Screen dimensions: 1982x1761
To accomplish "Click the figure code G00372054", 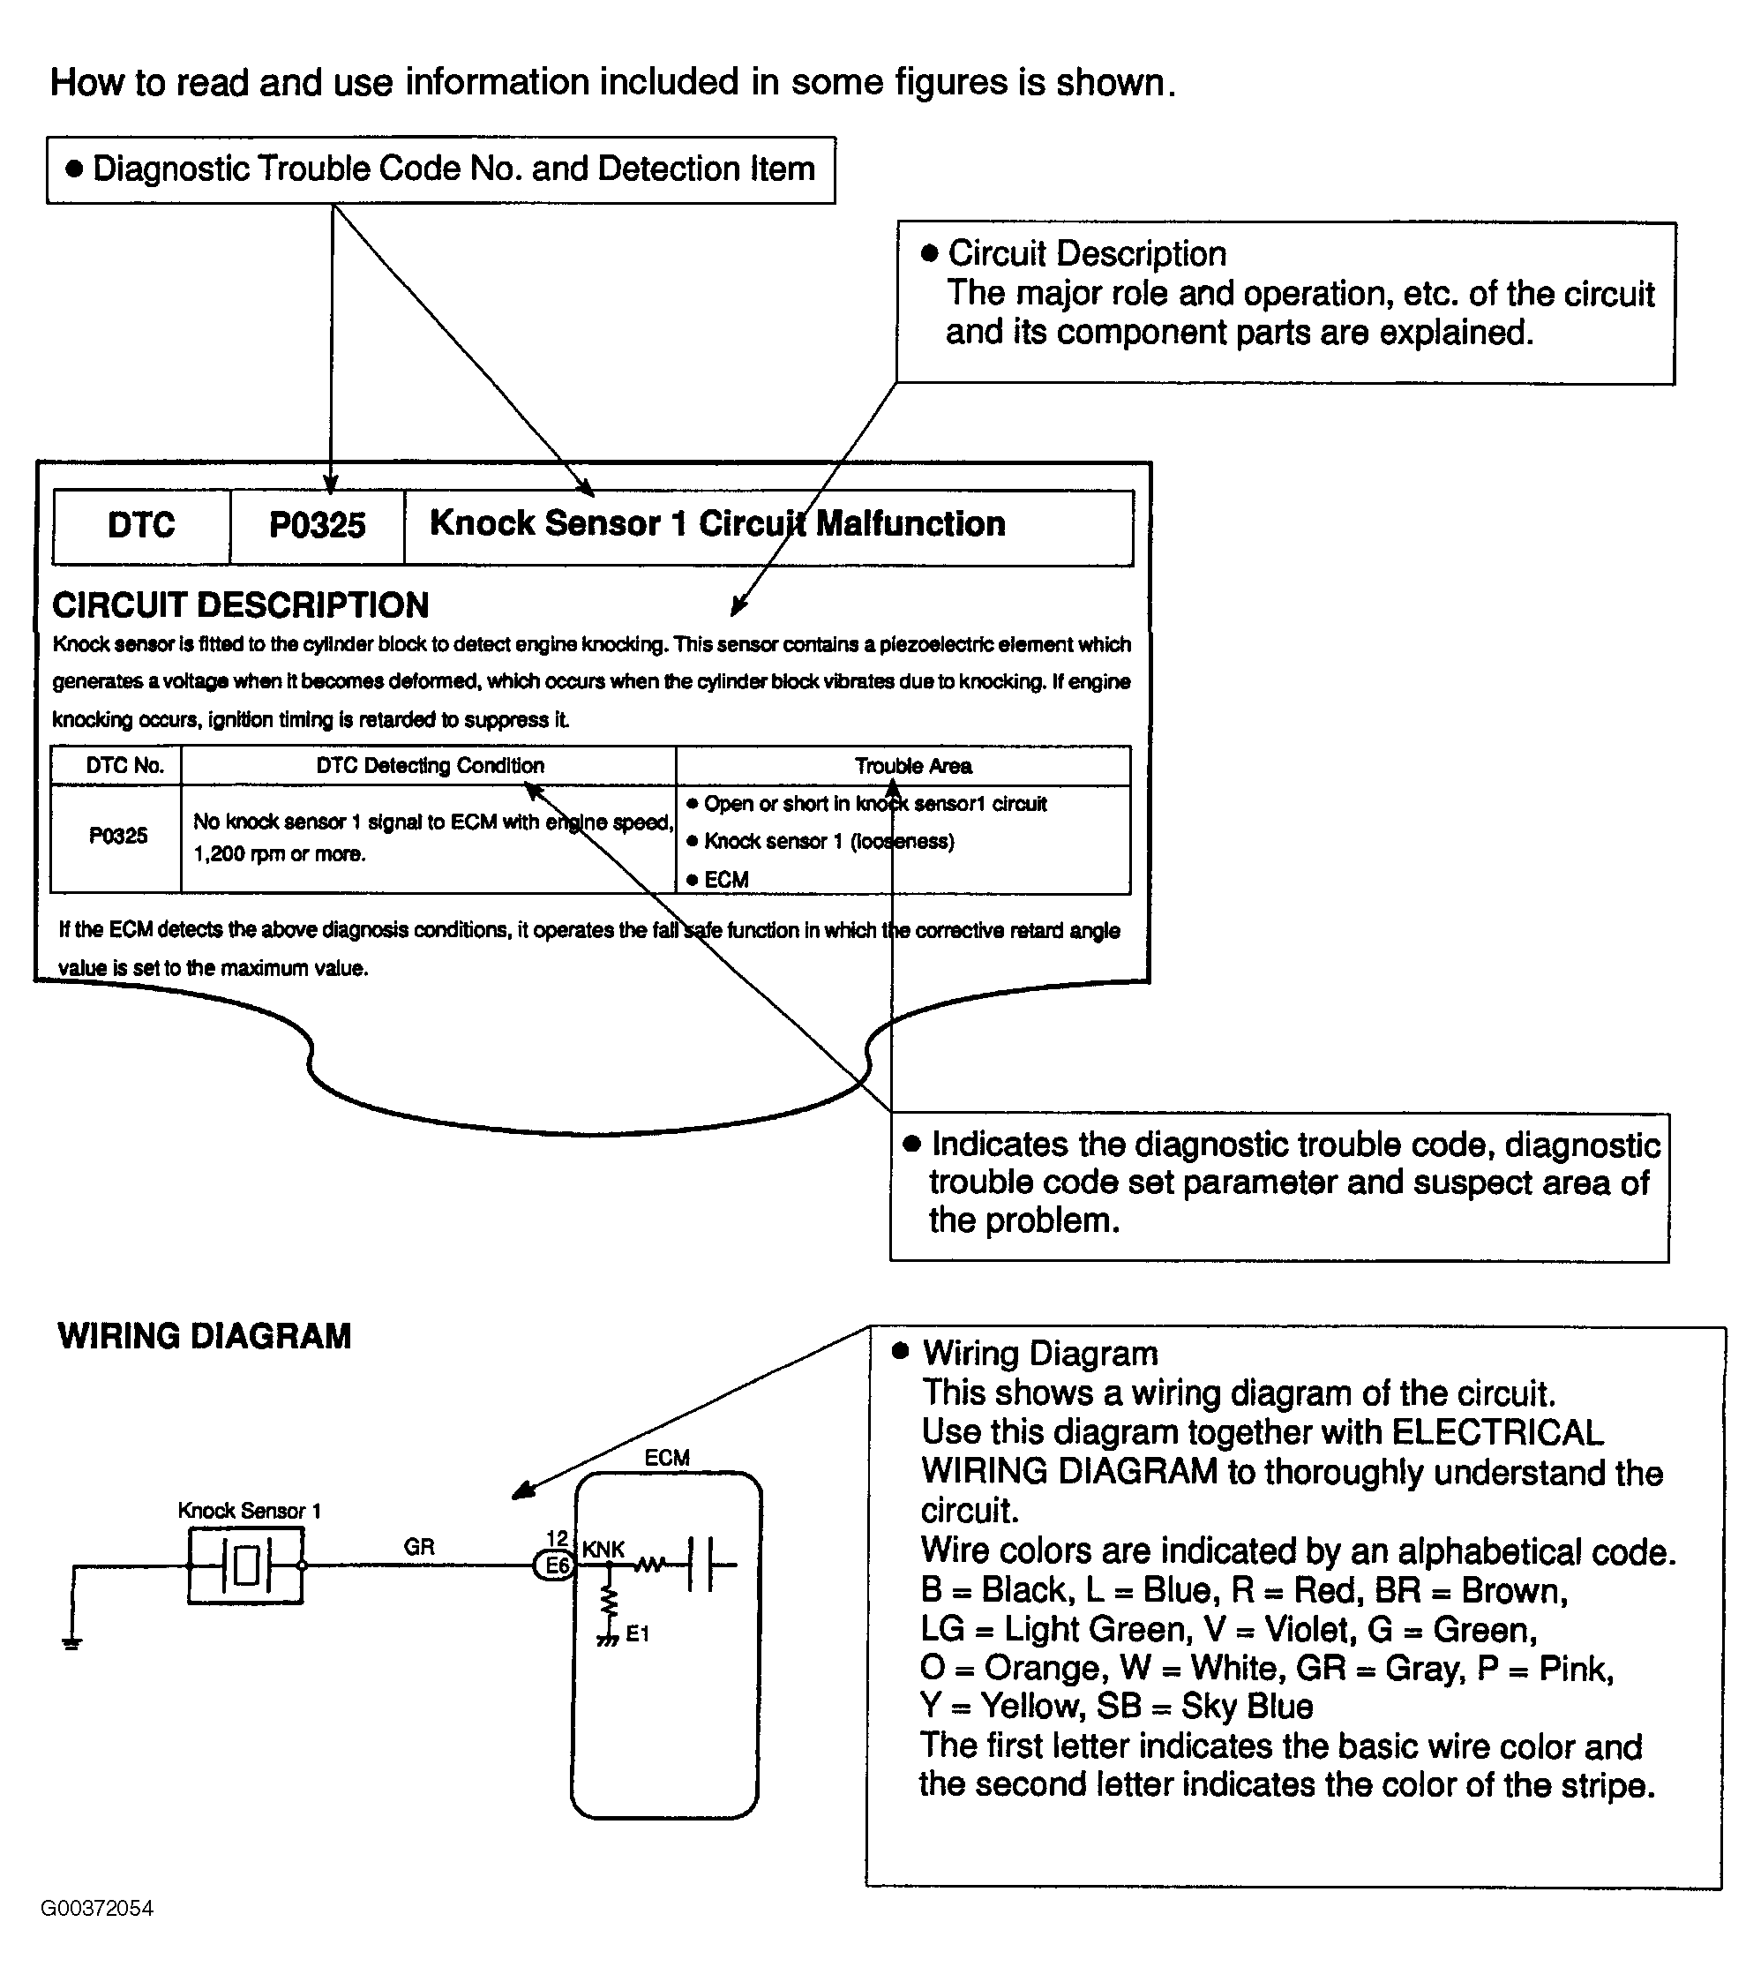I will click(97, 1908).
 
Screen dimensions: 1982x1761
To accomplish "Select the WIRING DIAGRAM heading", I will click(204, 1336).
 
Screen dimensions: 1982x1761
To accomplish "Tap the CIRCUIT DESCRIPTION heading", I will click(241, 605).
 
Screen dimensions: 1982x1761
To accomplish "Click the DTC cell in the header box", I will click(141, 526).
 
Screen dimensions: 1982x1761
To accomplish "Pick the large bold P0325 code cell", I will click(317, 526).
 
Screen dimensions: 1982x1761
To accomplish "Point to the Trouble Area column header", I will click(912, 766).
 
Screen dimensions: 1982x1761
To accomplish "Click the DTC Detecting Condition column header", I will click(430, 766).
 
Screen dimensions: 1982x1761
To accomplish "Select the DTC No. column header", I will click(125, 766).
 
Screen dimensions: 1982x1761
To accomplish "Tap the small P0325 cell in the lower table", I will click(118, 836).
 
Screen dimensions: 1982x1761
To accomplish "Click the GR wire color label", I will click(419, 1547).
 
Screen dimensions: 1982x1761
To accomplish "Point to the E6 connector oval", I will click(557, 1565).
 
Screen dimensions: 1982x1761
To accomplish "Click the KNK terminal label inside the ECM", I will click(603, 1550).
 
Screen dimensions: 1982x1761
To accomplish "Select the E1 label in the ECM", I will click(637, 1634).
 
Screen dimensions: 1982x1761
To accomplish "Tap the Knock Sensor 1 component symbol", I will click(245, 1565).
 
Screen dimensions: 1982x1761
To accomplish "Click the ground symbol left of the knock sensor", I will click(71, 1641).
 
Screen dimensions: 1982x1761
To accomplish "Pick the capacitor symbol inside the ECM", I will click(701, 1564).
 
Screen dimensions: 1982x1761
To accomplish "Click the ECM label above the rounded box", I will click(666, 1458).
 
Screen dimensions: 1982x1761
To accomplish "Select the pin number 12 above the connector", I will click(557, 1539).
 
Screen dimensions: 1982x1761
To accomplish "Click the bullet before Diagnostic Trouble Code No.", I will click(74, 169).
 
